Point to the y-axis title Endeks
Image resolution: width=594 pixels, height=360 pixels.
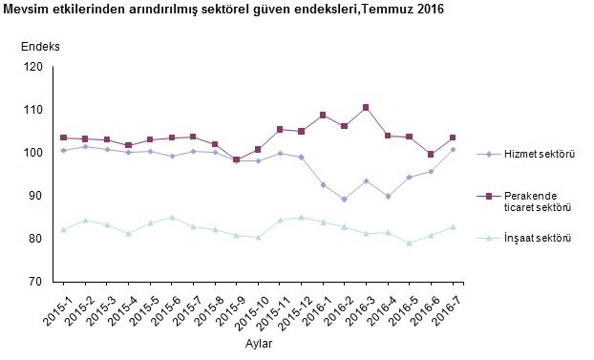(40, 46)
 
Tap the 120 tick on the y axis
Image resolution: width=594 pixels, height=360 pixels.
(33, 67)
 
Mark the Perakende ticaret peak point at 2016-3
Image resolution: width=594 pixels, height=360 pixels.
(366, 108)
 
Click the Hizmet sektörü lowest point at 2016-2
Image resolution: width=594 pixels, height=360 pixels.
(345, 200)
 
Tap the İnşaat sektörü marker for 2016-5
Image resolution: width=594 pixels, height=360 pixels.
(410, 244)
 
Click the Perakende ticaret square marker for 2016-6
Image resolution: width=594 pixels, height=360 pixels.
(431, 154)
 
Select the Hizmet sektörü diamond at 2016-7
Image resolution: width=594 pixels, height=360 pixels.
(453, 149)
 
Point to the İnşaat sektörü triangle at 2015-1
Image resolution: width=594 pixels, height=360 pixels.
(63, 229)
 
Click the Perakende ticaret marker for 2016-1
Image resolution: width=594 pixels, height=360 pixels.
(323, 116)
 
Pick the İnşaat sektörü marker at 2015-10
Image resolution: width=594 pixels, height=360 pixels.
(258, 238)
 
